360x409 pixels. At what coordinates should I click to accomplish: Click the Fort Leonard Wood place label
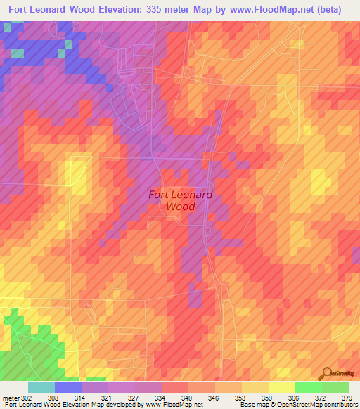181,201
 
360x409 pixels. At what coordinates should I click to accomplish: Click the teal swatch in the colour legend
41,387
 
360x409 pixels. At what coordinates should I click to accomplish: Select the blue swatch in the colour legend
68,387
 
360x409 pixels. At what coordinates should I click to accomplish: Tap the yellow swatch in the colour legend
282,387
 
